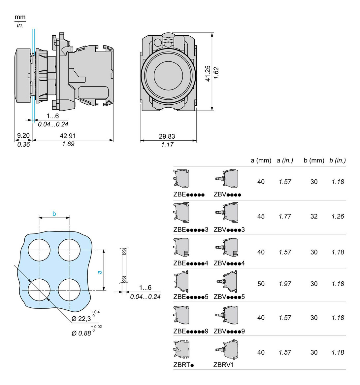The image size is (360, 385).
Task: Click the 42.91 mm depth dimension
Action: [68, 136]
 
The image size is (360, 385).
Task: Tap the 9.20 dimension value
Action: [23, 135]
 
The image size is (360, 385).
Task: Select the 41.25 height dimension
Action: [208, 73]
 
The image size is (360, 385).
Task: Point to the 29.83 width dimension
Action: [167, 136]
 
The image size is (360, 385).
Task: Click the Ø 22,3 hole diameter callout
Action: [81, 319]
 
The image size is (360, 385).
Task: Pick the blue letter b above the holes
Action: [54, 214]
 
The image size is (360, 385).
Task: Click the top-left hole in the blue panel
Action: [39, 250]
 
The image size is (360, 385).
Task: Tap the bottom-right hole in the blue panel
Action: [69, 290]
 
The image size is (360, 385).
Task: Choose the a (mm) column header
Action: [261, 160]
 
